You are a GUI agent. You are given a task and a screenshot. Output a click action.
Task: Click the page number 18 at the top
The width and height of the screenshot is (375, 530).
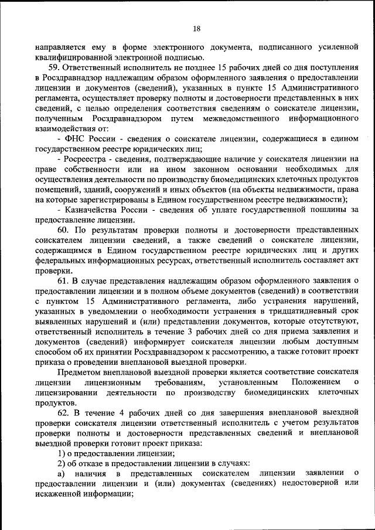pyautogui.click(x=196, y=29)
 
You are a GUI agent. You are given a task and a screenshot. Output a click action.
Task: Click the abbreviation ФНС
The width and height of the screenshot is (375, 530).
pyautogui.click(x=77, y=138)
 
